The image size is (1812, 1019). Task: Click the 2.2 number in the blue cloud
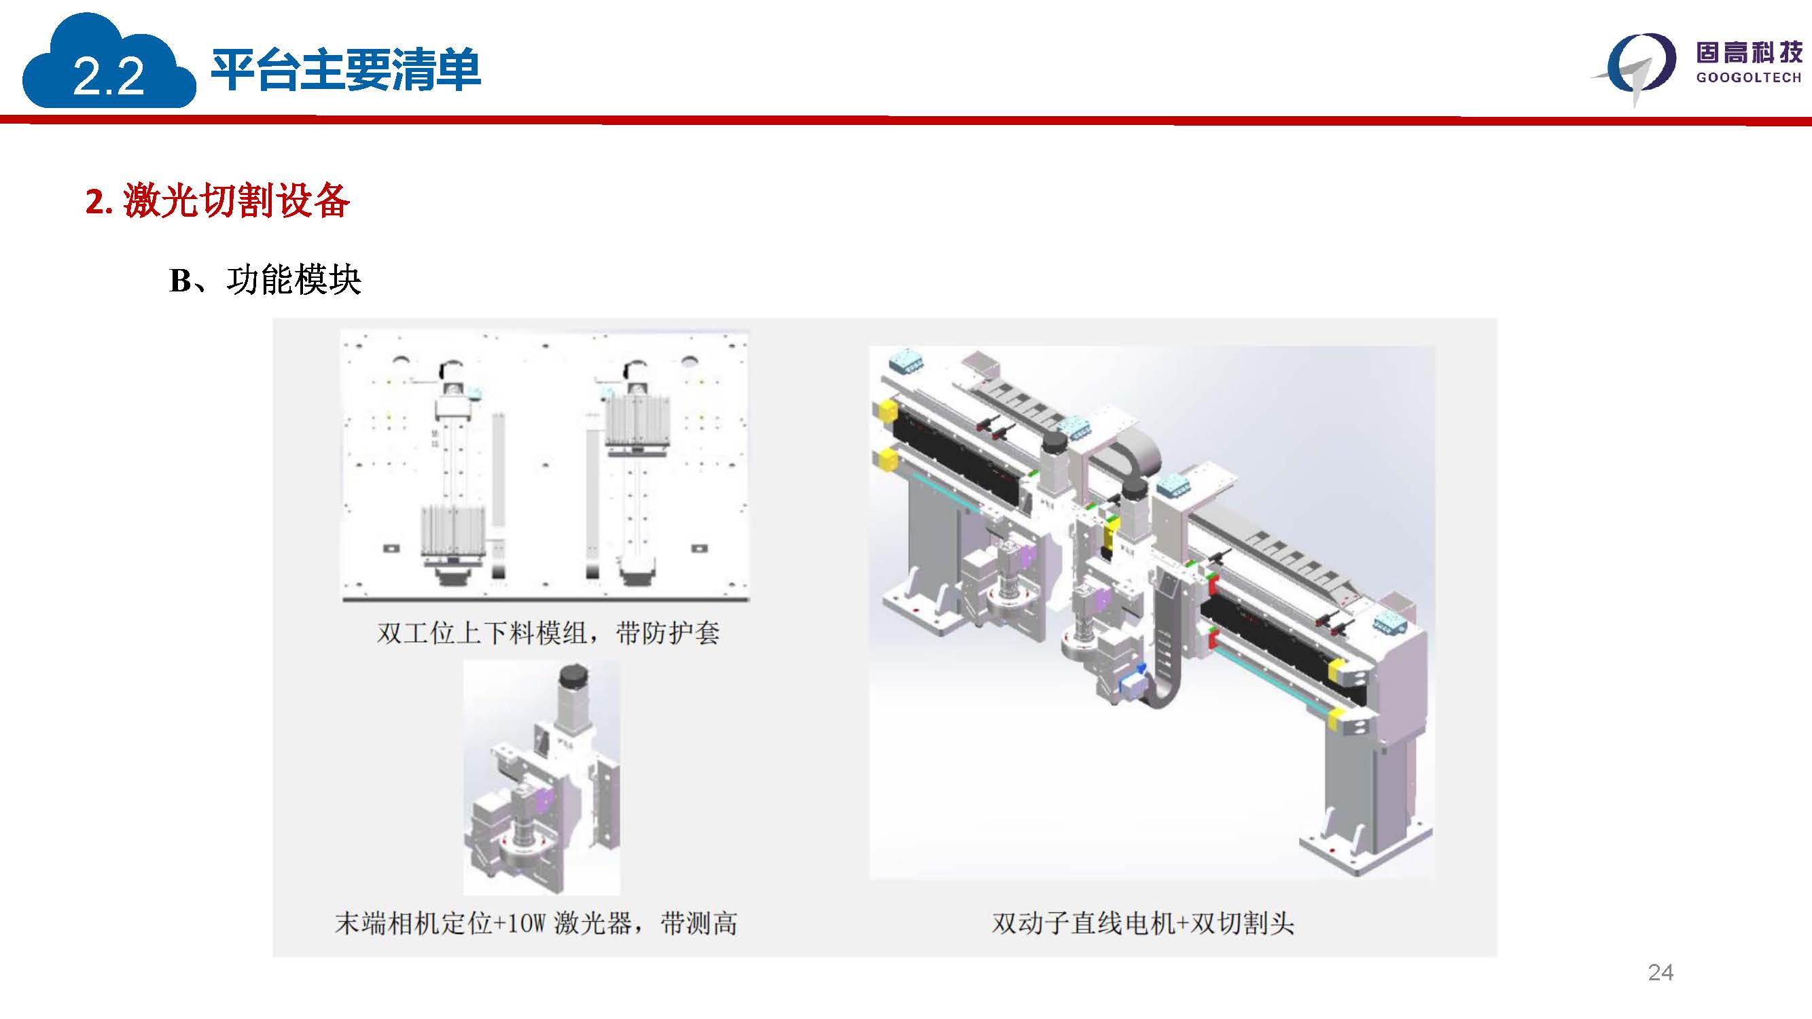click(x=108, y=76)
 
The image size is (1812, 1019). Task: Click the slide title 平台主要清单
click(x=345, y=69)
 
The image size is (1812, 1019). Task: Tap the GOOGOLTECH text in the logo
click(x=1749, y=77)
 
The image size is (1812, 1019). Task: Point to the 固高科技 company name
click(x=1749, y=52)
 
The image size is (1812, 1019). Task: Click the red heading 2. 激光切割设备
click(x=217, y=200)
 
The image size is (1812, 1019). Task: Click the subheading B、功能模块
click(x=265, y=280)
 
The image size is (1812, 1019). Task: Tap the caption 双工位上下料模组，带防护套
click(x=548, y=633)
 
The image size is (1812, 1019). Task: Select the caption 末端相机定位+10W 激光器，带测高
click(x=536, y=923)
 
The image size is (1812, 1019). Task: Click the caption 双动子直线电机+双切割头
click(x=1143, y=923)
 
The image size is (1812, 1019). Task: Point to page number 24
click(x=1660, y=972)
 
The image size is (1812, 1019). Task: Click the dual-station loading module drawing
click(x=545, y=465)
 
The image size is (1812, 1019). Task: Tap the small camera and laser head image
click(x=541, y=777)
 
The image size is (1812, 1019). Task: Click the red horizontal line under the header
click(x=906, y=121)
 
